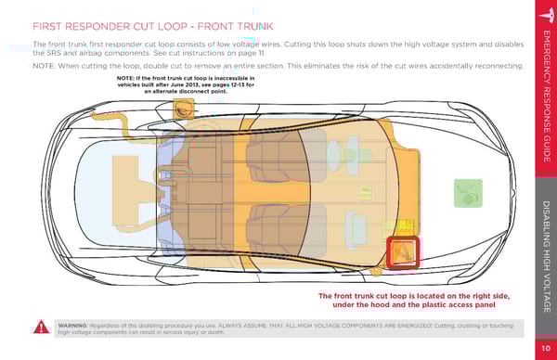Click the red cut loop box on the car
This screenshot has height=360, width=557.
(403, 251)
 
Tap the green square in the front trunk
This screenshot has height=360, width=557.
(468, 193)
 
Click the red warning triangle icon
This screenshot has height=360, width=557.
(41, 327)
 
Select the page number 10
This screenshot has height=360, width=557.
(546, 348)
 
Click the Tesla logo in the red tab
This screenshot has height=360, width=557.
(548, 15)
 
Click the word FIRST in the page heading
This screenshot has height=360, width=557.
(46, 27)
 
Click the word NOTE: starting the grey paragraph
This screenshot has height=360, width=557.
(44, 66)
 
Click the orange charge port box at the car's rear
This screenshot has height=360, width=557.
(183, 109)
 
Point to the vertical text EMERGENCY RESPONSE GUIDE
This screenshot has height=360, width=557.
(547, 96)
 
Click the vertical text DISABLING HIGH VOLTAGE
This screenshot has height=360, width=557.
(547, 257)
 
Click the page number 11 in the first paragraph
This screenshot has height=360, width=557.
(261, 53)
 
